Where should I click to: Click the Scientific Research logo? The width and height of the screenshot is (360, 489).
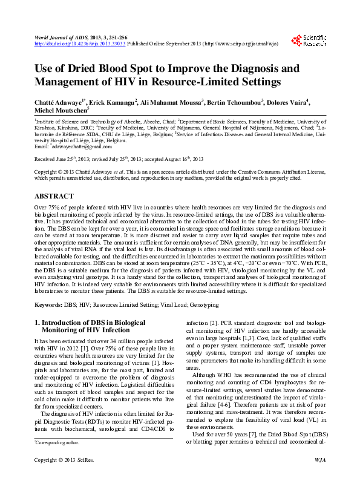310,41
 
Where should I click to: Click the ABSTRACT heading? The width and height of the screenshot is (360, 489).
54,197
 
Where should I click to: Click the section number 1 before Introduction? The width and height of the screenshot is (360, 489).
36,324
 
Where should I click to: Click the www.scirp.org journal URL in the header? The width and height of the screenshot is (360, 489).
243,44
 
